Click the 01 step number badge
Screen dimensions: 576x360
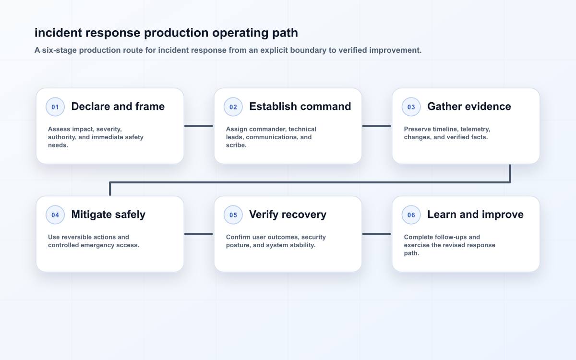click(x=55, y=107)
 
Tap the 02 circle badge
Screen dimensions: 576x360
click(x=233, y=107)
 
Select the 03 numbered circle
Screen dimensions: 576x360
click(x=411, y=107)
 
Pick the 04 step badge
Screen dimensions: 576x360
click(x=55, y=215)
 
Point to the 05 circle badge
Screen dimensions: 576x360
click(x=233, y=215)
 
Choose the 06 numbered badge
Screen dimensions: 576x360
click(x=411, y=215)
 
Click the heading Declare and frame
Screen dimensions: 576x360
click(x=118, y=107)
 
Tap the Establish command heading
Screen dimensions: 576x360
click(x=300, y=107)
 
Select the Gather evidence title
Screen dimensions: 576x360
click(x=469, y=107)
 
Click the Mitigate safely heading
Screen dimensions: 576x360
click(x=108, y=215)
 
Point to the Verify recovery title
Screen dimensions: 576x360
click(x=288, y=215)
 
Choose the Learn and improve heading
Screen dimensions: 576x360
click(x=475, y=215)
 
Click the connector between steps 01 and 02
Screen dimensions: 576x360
click(x=199, y=126)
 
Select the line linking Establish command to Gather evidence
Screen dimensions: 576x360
click(x=377, y=126)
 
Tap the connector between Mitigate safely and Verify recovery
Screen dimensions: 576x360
click(x=199, y=234)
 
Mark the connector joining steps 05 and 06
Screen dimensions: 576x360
click(x=377, y=234)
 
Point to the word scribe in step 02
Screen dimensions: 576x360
click(x=236, y=145)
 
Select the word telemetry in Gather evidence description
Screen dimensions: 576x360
click(x=475, y=129)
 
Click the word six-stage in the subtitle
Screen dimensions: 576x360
click(x=60, y=50)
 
